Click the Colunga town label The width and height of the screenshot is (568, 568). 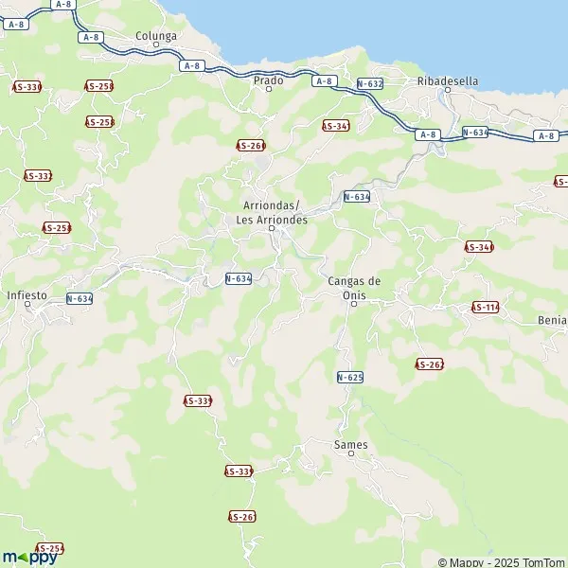click(x=156, y=36)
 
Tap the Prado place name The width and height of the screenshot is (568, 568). click(x=269, y=80)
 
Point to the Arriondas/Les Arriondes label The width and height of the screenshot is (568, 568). click(x=271, y=212)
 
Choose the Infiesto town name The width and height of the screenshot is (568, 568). click(x=27, y=294)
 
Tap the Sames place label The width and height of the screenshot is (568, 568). click(x=351, y=444)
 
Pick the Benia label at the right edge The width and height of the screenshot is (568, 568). click(x=551, y=320)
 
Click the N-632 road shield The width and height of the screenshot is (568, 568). click(x=370, y=84)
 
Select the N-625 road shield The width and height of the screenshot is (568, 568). click(x=349, y=377)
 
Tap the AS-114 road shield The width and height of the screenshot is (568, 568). click(x=485, y=308)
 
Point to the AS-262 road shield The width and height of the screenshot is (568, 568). click(x=430, y=364)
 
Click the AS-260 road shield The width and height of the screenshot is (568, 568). click(x=251, y=145)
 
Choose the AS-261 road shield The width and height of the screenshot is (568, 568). click(x=242, y=516)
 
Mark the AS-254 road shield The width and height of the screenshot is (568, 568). click(x=49, y=549)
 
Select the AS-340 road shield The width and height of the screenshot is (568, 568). click(x=479, y=247)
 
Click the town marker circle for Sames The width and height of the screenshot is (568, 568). click(x=351, y=454)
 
